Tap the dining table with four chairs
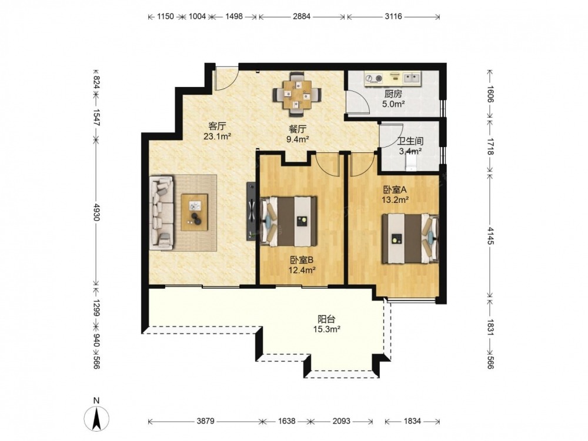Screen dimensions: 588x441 point(298,93)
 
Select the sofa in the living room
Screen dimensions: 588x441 point(162,213)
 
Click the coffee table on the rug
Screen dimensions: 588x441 point(194,212)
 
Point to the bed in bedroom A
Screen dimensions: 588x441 point(410,238)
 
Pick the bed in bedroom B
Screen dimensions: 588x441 point(288,221)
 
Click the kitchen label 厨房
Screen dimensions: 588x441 point(393,94)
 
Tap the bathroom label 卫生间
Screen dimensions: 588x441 point(410,141)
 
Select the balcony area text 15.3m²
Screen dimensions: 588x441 point(326,329)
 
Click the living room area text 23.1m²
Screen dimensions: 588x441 point(217,136)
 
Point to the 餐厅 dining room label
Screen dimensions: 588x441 point(298,129)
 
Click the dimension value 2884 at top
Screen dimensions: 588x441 point(302,16)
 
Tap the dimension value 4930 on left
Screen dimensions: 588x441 point(96,212)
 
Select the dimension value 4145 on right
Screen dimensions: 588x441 point(490,236)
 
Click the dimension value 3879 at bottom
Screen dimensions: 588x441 point(205,421)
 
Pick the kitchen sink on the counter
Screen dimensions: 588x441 point(412,78)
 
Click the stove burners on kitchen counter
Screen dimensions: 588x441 point(373,78)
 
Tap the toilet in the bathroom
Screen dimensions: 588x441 point(411,163)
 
